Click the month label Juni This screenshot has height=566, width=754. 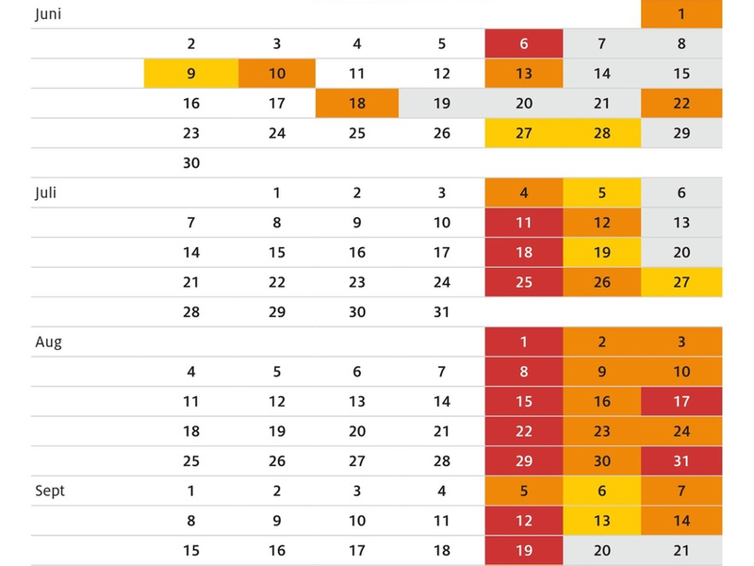click(48, 14)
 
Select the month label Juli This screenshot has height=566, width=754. click(46, 192)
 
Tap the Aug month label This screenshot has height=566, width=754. click(48, 342)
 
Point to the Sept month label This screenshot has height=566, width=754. click(50, 491)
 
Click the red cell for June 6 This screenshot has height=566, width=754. click(524, 43)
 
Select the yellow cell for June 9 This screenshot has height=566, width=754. click(191, 74)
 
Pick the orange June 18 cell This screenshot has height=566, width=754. click(357, 104)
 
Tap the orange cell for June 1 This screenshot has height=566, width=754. click(682, 14)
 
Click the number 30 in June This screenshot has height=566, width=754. click(191, 163)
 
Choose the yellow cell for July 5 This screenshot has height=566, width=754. click(603, 193)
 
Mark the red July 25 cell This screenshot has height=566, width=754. click(524, 282)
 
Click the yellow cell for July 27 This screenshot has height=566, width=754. click(682, 282)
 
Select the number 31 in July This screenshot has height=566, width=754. click(442, 312)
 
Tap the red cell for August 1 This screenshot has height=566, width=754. click(524, 342)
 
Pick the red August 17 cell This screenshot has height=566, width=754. click(682, 402)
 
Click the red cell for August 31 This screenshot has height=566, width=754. click(682, 461)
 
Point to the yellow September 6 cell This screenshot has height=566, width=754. click(603, 491)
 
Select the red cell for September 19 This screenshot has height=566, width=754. click(524, 551)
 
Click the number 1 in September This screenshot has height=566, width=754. click(191, 491)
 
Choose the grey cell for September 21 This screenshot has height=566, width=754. click(682, 551)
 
